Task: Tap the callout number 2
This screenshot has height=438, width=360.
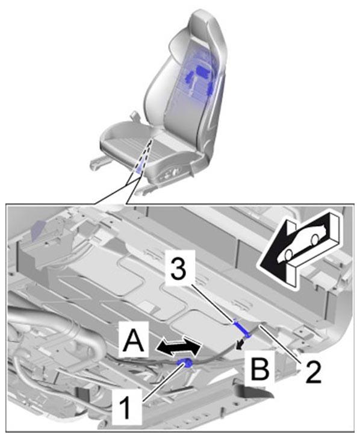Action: pyautogui.click(x=311, y=371)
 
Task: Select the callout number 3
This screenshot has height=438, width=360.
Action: pyautogui.click(x=178, y=269)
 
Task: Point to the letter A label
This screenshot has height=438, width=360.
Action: pyautogui.click(x=134, y=339)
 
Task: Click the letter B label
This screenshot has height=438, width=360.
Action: pyautogui.click(x=260, y=369)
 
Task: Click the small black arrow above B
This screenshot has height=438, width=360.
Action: pyautogui.click(x=240, y=344)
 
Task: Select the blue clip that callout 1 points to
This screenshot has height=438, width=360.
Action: pyautogui.click(x=185, y=363)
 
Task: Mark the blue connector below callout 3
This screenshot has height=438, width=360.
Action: pyautogui.click(x=241, y=328)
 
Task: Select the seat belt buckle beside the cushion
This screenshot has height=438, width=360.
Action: pyautogui.click(x=135, y=116)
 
